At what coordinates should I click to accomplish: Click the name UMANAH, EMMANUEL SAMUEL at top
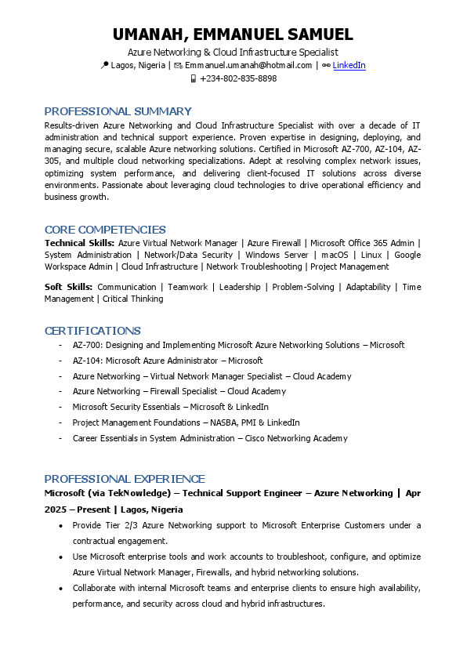(x=233, y=34)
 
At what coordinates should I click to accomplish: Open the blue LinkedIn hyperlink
(x=349, y=65)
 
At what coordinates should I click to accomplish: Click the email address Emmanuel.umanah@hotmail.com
(x=248, y=65)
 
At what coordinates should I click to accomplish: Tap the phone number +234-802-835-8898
(x=238, y=78)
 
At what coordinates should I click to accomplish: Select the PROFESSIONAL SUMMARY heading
(x=118, y=111)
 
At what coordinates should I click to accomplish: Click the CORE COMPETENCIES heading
(x=105, y=230)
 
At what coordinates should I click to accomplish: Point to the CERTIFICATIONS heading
(x=92, y=331)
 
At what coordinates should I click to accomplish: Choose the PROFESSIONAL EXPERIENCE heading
(x=125, y=479)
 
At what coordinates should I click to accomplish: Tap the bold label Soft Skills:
(x=68, y=287)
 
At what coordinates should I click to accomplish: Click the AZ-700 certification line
(x=238, y=345)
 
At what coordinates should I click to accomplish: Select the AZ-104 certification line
(x=167, y=361)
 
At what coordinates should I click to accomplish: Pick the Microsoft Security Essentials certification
(x=170, y=407)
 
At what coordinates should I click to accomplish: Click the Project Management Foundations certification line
(x=186, y=422)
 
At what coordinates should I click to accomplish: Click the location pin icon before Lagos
(x=105, y=65)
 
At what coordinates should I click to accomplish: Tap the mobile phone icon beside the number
(x=193, y=78)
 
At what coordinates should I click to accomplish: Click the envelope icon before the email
(x=178, y=65)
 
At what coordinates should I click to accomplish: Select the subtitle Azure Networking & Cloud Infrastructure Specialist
(x=233, y=52)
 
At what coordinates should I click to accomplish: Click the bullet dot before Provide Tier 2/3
(x=61, y=525)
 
